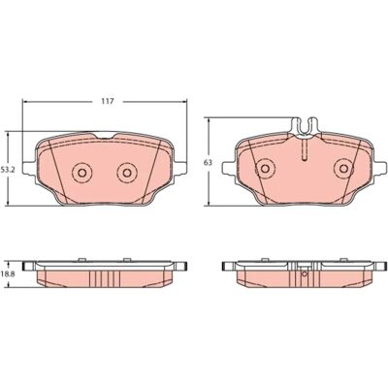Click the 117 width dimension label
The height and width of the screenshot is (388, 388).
pyautogui.click(x=108, y=101)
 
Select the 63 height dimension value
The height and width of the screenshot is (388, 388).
pyautogui.click(x=209, y=163)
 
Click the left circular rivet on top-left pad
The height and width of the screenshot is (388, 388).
pyautogui.click(x=81, y=173)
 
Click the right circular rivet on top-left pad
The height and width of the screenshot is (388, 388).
pyautogui.click(x=127, y=173)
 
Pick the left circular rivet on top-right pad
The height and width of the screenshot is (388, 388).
pyautogui.click(x=265, y=169)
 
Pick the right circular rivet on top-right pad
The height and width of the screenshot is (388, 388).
pyautogui.click(x=343, y=169)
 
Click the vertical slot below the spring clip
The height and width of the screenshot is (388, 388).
pyautogui.click(x=305, y=149)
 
